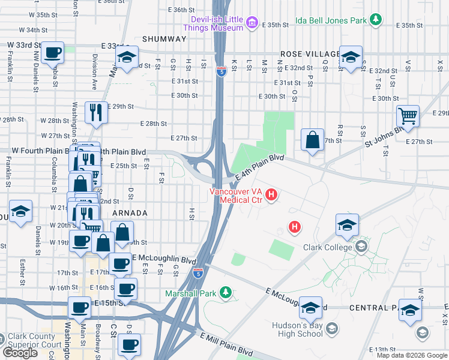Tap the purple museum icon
coord(252,25)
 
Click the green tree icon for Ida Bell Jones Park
coord(376,20)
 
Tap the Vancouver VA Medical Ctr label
coord(235,196)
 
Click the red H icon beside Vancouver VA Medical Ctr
coord(271,194)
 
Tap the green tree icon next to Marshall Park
coord(226,293)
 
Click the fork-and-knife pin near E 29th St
coord(95,112)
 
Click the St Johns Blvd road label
coord(384,136)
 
